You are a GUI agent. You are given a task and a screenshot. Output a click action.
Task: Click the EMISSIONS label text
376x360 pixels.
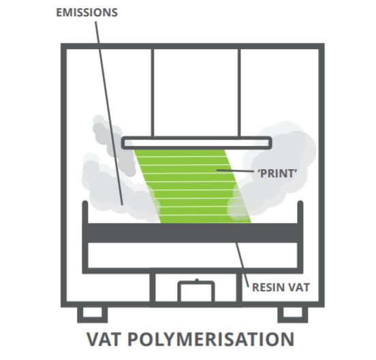pos(87,12)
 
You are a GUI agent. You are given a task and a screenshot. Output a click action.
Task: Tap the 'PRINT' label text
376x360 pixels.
pos(277,173)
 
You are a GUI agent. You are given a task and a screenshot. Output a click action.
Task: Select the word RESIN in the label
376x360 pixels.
pos(268,287)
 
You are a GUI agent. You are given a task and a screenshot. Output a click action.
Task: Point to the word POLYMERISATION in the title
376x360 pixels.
pos(210,339)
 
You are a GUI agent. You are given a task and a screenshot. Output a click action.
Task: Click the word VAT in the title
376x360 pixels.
pos(104,339)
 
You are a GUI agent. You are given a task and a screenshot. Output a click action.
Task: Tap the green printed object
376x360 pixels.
pos(193,186)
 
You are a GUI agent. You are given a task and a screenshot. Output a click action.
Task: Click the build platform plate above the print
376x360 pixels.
pos(197,142)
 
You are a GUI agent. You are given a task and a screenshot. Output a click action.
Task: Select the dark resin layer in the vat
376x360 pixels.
pos(193,232)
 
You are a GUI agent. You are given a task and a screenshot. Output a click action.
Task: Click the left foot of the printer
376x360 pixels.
pos(93,315)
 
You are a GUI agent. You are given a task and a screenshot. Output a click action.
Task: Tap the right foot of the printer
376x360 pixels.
pos(293,315)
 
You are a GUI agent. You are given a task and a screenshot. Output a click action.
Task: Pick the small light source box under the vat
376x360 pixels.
pos(196,291)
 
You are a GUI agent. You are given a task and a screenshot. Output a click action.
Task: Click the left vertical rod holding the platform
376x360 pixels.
pos(153,93)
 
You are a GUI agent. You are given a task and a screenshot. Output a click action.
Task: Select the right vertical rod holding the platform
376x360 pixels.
pos(239,93)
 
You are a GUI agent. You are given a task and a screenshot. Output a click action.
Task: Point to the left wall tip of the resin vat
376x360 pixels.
pos(85,202)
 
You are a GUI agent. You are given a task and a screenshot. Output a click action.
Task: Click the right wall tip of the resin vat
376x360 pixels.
pos(300,202)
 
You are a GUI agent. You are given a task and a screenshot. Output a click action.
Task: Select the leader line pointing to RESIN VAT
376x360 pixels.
pos(242,265)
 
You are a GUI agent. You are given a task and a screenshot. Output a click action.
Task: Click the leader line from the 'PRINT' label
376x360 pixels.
pos(235,171)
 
